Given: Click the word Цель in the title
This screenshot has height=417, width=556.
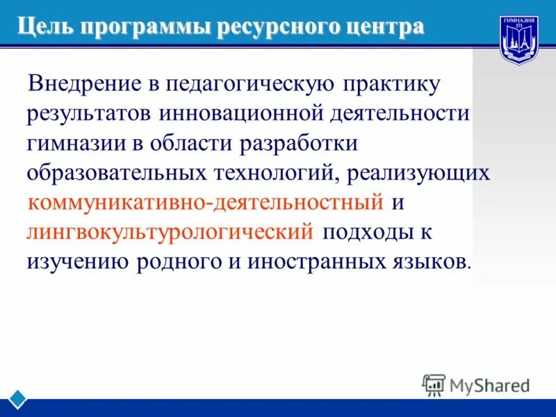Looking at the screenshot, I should pos(45,27).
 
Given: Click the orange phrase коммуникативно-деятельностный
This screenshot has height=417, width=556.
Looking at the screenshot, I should pos(206,202).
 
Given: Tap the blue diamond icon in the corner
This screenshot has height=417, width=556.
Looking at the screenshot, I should pos(18,400).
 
